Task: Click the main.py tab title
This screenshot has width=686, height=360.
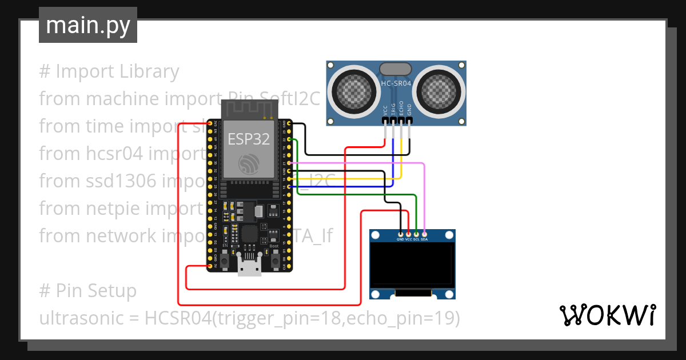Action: click(87, 25)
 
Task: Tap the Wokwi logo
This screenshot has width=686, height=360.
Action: click(607, 315)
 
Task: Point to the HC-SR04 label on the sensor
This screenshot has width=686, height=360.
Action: click(396, 83)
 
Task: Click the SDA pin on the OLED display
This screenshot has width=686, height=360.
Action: click(424, 234)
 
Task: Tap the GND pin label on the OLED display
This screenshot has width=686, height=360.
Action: click(400, 239)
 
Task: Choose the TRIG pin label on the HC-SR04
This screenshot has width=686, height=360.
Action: click(393, 110)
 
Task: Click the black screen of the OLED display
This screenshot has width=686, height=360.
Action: click(412, 265)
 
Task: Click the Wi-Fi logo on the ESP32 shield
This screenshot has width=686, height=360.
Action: click(250, 164)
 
